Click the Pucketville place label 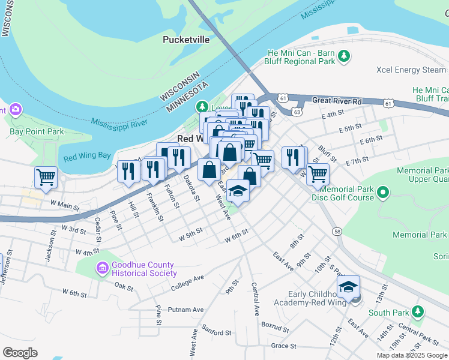186,40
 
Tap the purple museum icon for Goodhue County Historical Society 102,266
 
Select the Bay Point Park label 37,131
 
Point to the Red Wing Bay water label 87,157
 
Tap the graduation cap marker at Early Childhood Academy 348,287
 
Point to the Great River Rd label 337,101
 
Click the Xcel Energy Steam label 411,70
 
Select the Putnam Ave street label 186,310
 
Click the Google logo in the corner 20,353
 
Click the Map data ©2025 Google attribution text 412,355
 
